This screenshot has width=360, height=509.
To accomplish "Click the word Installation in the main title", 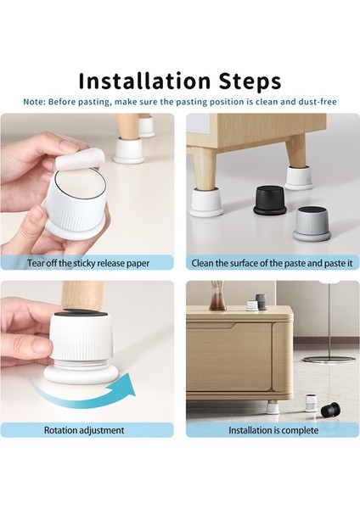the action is [x=144, y=81].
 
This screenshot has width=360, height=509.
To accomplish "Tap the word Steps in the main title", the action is [x=250, y=81].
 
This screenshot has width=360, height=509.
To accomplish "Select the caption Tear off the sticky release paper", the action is [x=88, y=263].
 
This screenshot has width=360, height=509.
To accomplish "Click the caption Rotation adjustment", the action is [x=84, y=430].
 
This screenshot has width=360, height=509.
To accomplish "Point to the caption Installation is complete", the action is [x=273, y=430].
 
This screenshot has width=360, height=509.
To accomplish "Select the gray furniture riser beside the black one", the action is [x=312, y=224].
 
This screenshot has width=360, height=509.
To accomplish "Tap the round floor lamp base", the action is [x=329, y=359].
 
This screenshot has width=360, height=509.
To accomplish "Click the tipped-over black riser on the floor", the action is [x=330, y=411].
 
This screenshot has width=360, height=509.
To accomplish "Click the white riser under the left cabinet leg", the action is [x=206, y=202].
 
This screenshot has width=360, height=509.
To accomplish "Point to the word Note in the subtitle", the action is [x=34, y=102].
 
